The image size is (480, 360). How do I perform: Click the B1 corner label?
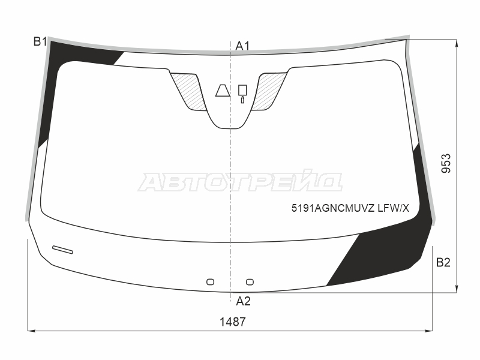(40, 41)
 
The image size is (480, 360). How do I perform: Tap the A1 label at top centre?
(242, 46)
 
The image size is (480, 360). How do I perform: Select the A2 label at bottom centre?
(243, 302)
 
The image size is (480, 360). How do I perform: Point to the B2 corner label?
(443, 263)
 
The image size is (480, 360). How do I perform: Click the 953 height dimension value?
(446, 163)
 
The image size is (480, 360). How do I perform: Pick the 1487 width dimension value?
(233, 322)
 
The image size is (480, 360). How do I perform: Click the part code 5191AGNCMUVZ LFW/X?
(350, 208)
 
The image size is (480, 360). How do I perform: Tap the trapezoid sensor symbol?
(223, 91)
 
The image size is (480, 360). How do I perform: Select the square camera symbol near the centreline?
(243, 90)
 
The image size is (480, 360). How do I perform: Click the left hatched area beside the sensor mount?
(187, 91)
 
